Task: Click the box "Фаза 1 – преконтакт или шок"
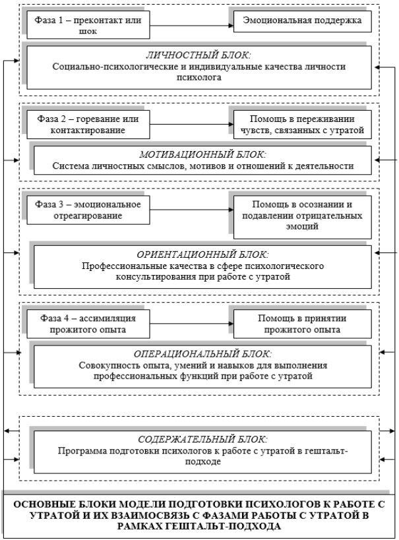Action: click(x=86, y=24)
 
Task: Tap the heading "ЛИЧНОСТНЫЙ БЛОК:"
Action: click(x=199, y=56)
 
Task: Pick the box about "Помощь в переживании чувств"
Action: click(x=303, y=125)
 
